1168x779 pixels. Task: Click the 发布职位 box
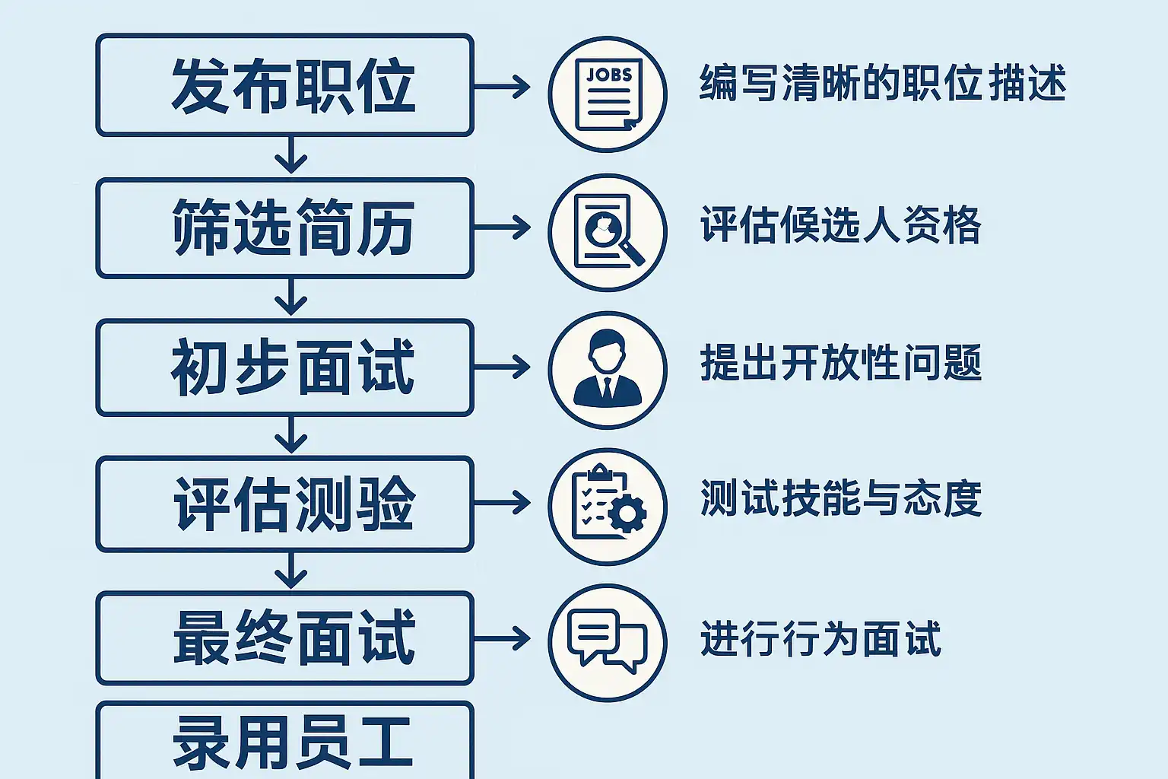[285, 85]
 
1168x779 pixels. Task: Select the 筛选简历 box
[285, 227]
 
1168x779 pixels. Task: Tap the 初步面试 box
[285, 367]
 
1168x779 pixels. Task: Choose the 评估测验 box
[285, 504]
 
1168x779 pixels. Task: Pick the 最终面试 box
[285, 638]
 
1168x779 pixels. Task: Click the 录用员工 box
[285, 742]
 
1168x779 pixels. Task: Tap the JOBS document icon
[608, 94]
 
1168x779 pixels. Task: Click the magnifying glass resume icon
[608, 232]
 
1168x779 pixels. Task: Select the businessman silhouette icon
[608, 370]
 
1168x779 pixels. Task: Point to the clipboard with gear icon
[608, 506]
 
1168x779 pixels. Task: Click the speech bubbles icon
[608, 642]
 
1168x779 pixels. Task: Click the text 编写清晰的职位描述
[882, 83]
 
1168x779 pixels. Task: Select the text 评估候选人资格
[840, 225]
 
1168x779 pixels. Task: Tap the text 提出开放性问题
[840, 363]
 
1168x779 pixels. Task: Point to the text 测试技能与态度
[840, 499]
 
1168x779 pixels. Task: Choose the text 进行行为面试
[820, 638]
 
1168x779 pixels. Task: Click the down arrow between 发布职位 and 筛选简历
[290, 157]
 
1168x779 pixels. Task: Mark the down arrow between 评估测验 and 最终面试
[290, 571]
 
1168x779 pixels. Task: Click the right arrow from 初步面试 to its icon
[502, 367]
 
